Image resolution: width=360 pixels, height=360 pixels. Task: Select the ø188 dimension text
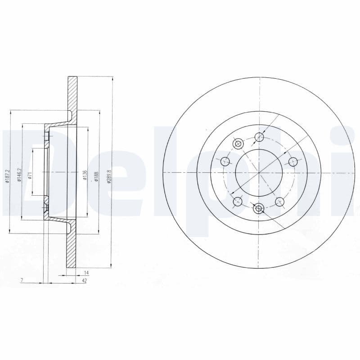click(x=95, y=173)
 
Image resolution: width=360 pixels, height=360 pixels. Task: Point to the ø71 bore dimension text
click(x=29, y=176)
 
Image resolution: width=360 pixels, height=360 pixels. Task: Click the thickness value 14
click(x=86, y=273)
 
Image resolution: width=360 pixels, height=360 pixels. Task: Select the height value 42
click(x=84, y=281)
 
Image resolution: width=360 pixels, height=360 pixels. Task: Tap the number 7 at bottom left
click(x=21, y=281)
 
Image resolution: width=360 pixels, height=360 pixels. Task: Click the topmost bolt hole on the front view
click(x=259, y=137)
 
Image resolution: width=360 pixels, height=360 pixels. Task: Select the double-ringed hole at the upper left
click(x=238, y=144)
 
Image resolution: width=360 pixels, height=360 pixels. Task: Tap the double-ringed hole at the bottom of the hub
click(x=258, y=208)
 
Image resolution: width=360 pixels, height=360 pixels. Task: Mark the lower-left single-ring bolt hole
click(x=237, y=201)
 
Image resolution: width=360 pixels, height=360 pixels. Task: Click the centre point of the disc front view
click(x=259, y=173)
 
